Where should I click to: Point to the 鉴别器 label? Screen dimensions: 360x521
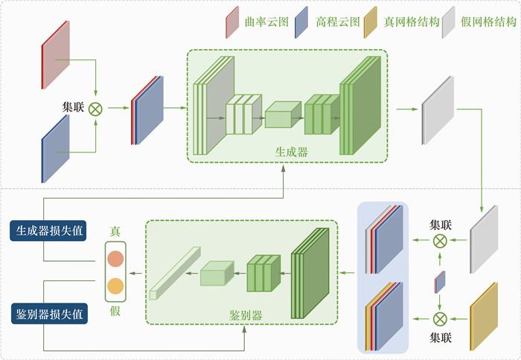(246, 315)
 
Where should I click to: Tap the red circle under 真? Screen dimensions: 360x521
(115, 260)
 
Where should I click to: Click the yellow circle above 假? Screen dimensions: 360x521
(115, 286)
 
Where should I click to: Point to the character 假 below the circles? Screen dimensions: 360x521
(115, 310)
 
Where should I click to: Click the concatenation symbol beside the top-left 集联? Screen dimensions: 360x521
(95, 109)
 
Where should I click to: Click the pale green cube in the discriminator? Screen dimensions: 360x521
(217, 274)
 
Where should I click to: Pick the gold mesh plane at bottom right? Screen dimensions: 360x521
(483, 317)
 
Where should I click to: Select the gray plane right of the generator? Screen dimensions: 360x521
(436, 109)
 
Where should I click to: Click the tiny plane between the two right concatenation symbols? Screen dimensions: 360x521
(440, 281)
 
